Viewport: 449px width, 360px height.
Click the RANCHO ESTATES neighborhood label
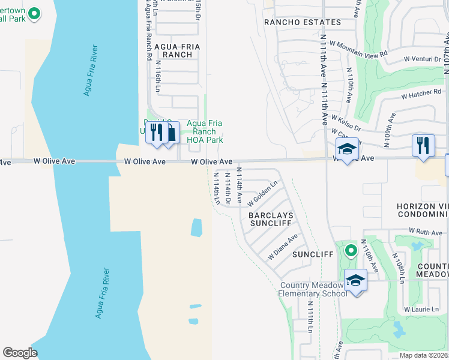(303, 22)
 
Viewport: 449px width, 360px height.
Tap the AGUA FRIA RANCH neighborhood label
(173, 50)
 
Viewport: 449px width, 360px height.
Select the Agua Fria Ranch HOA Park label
(205, 131)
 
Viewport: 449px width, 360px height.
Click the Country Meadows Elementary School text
(312, 289)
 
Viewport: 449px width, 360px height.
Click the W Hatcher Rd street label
(421, 94)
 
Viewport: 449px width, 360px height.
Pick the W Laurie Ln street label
(426, 310)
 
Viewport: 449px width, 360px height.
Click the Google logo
(20, 353)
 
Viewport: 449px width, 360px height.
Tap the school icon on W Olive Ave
(347, 150)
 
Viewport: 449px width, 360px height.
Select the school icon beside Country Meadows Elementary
(355, 280)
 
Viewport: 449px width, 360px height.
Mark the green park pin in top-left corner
(35, 13)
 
